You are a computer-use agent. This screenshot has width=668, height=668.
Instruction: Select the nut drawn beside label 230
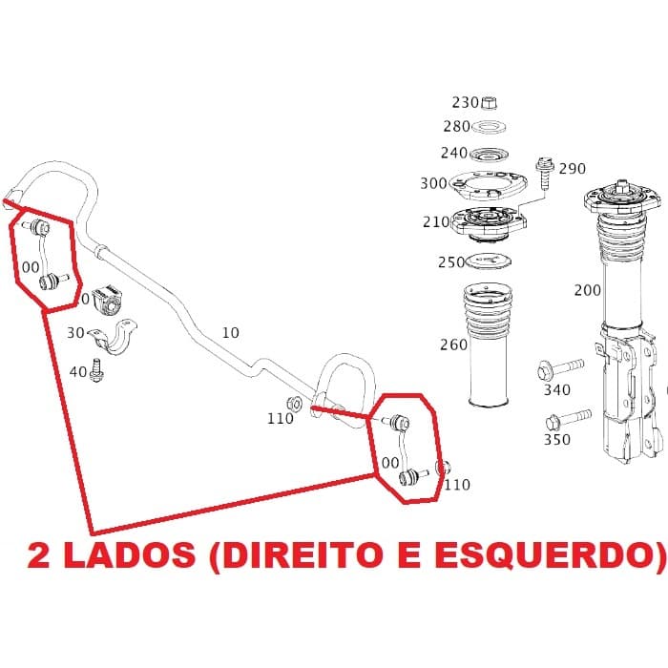tap(487, 102)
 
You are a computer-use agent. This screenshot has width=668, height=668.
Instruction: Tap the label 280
tap(457, 127)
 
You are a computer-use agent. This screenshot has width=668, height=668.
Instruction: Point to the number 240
tap(454, 154)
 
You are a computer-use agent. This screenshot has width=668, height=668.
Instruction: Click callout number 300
tap(433, 183)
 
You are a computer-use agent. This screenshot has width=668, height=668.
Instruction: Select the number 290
tap(573, 169)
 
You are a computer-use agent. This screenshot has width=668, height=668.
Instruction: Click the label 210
tap(436, 223)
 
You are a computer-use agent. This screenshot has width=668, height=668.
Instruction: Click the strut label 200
tap(588, 290)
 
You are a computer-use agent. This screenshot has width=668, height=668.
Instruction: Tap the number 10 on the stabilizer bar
tap(230, 333)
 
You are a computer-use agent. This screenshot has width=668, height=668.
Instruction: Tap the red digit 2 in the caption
tap(40, 556)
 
